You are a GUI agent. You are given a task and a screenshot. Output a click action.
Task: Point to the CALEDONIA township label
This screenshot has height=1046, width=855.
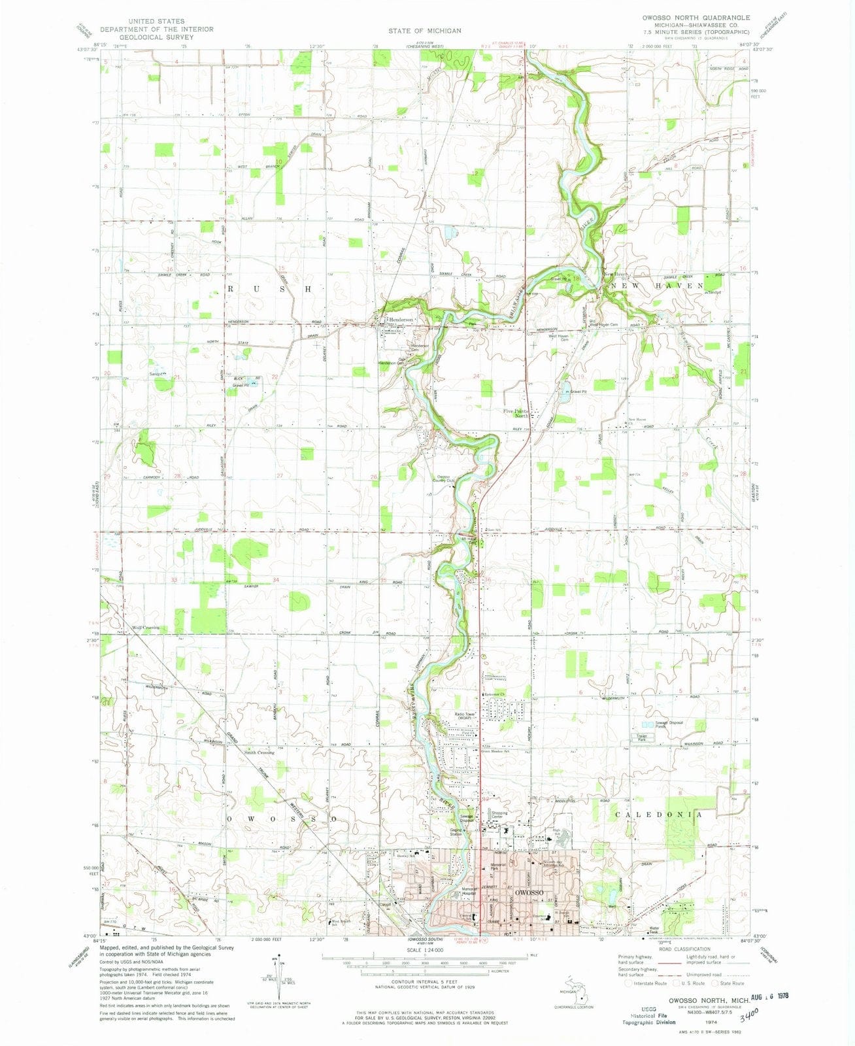pyautogui.click(x=659, y=815)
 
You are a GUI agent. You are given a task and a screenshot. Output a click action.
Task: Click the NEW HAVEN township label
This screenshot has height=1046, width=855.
pyautogui.click(x=658, y=286)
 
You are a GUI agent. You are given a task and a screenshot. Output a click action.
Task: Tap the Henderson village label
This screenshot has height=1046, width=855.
pyautogui.click(x=401, y=320)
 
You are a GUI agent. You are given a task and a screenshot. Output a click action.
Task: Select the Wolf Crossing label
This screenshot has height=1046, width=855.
pyautogui.click(x=145, y=628)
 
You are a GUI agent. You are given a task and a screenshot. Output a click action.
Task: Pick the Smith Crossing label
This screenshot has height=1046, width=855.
pyautogui.click(x=258, y=752)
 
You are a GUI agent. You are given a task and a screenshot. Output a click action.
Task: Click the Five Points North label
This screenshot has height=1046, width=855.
pyautogui.click(x=520, y=413)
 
